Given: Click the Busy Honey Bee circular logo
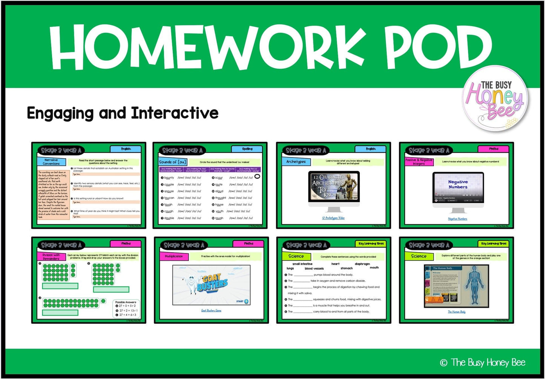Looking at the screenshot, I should click(x=495, y=99).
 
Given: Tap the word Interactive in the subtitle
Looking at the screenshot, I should click(x=175, y=113).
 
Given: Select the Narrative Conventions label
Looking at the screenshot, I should click(x=51, y=162).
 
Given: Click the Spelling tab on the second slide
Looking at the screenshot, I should click(x=247, y=149).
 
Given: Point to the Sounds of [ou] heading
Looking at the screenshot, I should click(x=172, y=162).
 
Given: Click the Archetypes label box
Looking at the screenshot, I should click(x=296, y=162).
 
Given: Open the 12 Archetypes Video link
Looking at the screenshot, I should click(x=333, y=218).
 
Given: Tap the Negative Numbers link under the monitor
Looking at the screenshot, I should click(x=457, y=219).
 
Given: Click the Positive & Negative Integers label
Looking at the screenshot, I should click(x=419, y=162).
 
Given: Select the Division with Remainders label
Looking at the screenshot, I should click(x=51, y=256).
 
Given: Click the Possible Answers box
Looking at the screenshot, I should click(x=126, y=309).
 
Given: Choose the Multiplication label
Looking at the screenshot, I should click(x=173, y=256).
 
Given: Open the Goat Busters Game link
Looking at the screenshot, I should click(x=211, y=310).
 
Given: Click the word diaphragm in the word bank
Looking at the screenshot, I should click(x=362, y=264).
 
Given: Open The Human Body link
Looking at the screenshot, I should click(x=456, y=312).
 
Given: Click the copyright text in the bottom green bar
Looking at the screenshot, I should click(x=483, y=363).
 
